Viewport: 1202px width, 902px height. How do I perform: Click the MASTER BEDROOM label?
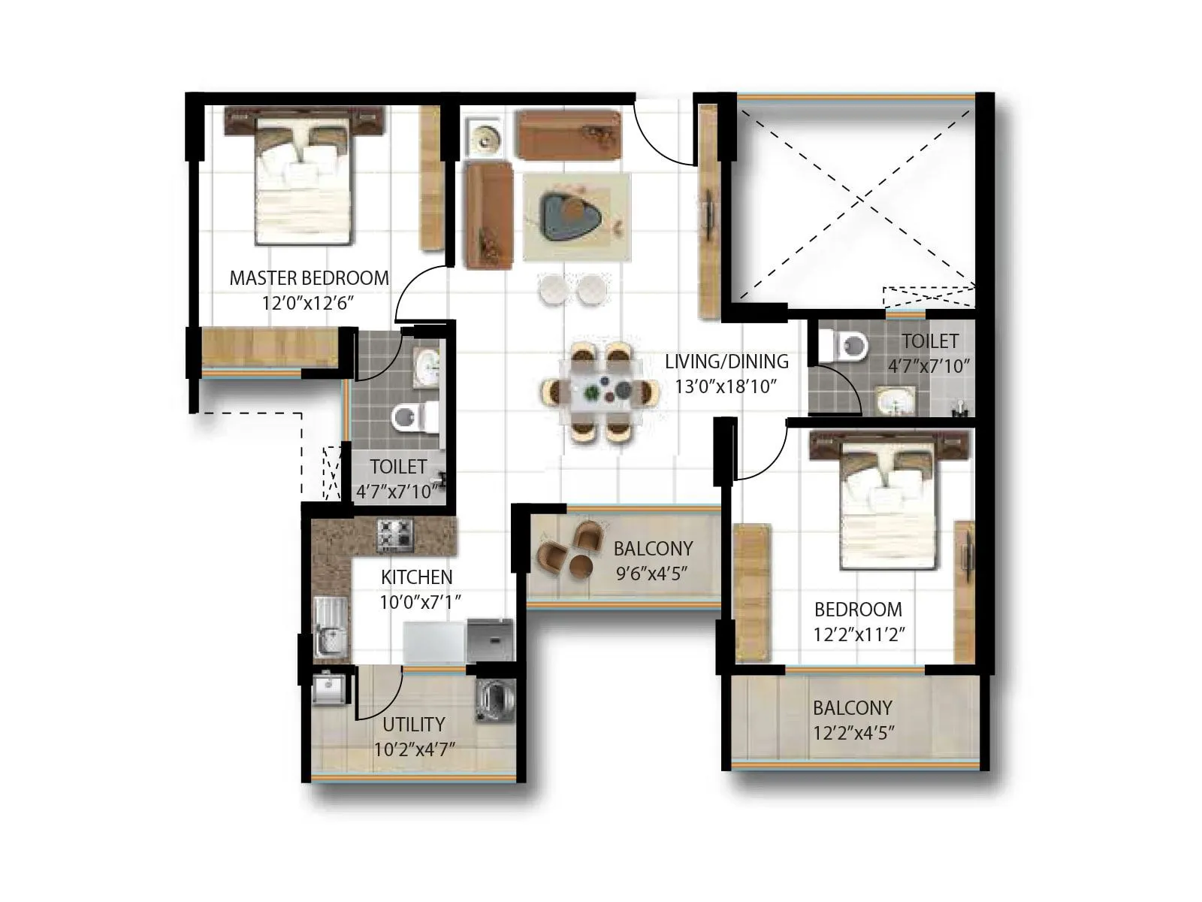point(309,278)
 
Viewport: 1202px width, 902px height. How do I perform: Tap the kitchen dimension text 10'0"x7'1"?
point(420,602)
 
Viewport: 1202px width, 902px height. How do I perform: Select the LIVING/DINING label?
point(726,362)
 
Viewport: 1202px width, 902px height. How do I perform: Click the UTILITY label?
point(414,725)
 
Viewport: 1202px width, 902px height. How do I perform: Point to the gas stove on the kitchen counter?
point(395,534)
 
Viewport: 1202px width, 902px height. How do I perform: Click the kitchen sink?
point(329,625)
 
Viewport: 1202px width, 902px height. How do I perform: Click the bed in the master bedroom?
point(304,180)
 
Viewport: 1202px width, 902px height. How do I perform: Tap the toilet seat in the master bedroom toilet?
point(410,417)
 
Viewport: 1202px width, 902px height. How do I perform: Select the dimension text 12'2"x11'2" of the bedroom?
point(858,634)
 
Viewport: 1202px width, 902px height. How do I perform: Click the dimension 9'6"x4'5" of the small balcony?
point(652,574)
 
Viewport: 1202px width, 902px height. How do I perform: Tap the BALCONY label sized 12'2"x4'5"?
point(852,708)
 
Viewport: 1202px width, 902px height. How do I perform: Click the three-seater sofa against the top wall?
point(569,135)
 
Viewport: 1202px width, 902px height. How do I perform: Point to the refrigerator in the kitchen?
point(434,641)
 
